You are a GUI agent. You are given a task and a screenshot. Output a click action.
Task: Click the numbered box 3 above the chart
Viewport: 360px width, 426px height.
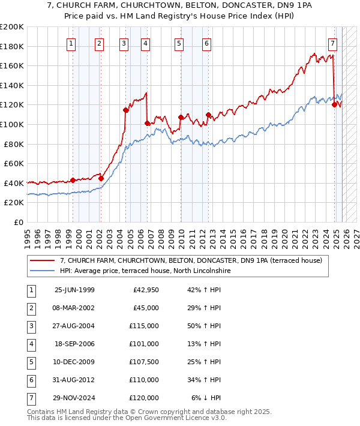point(124,43)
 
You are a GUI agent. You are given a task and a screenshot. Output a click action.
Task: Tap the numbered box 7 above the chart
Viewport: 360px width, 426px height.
point(332,43)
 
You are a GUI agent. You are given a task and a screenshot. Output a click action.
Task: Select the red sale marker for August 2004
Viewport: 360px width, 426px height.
point(125,110)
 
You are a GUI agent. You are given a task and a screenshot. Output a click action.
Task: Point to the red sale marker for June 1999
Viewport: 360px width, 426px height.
point(73,180)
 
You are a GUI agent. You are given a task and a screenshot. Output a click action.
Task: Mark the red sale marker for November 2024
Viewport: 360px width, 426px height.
point(334,104)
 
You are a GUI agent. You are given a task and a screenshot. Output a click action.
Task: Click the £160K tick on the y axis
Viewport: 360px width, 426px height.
point(12,65)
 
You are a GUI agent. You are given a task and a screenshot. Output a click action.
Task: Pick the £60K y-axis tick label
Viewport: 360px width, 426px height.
point(14,163)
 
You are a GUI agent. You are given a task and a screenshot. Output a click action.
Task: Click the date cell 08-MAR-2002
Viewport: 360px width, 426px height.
point(74,308)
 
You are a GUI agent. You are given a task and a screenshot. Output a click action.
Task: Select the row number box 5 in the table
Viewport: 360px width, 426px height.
point(31,362)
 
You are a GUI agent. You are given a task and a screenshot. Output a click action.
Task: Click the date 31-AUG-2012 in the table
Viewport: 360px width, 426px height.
point(74,380)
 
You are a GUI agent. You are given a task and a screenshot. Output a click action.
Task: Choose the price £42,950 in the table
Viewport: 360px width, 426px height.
point(146,290)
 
